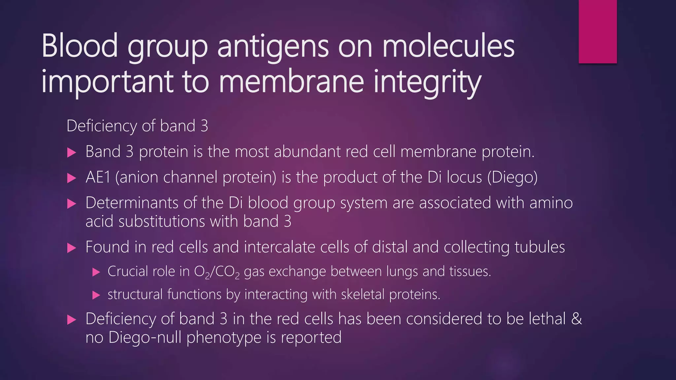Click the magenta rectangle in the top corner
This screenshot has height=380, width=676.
[x=597, y=31]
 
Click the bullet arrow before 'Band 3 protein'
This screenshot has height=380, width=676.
[x=72, y=153]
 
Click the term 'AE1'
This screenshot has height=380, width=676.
[x=98, y=177]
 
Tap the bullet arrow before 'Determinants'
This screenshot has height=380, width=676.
[x=72, y=204]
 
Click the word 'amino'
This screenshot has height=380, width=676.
[x=551, y=203]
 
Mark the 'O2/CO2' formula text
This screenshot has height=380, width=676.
[x=217, y=272]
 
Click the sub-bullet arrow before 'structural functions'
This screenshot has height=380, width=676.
[x=96, y=295]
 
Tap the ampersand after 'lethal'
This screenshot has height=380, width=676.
[x=576, y=319]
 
